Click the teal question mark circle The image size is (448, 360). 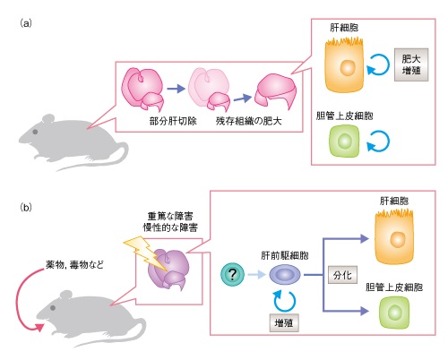point(232,274)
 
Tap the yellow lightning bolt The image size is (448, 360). point(146,253)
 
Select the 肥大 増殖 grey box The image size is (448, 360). point(411,64)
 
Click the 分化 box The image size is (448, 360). point(342,275)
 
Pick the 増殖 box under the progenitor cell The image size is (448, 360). point(284,322)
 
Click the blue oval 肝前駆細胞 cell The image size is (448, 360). point(285,275)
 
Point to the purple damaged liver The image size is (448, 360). point(168,269)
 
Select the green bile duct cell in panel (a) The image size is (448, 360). point(344,141)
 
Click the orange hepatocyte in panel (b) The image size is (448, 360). point(394,237)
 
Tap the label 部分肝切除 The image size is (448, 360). point(173,121)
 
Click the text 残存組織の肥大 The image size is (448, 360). point(248,121)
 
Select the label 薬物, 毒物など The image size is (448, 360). point(74,264)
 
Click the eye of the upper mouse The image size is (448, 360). point(35,132)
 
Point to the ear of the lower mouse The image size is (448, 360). point(65,296)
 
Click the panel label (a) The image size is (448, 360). point(26,23)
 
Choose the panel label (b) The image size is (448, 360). point(26,207)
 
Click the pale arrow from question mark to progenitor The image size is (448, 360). point(256,274)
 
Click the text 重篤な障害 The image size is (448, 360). point(170,216)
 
